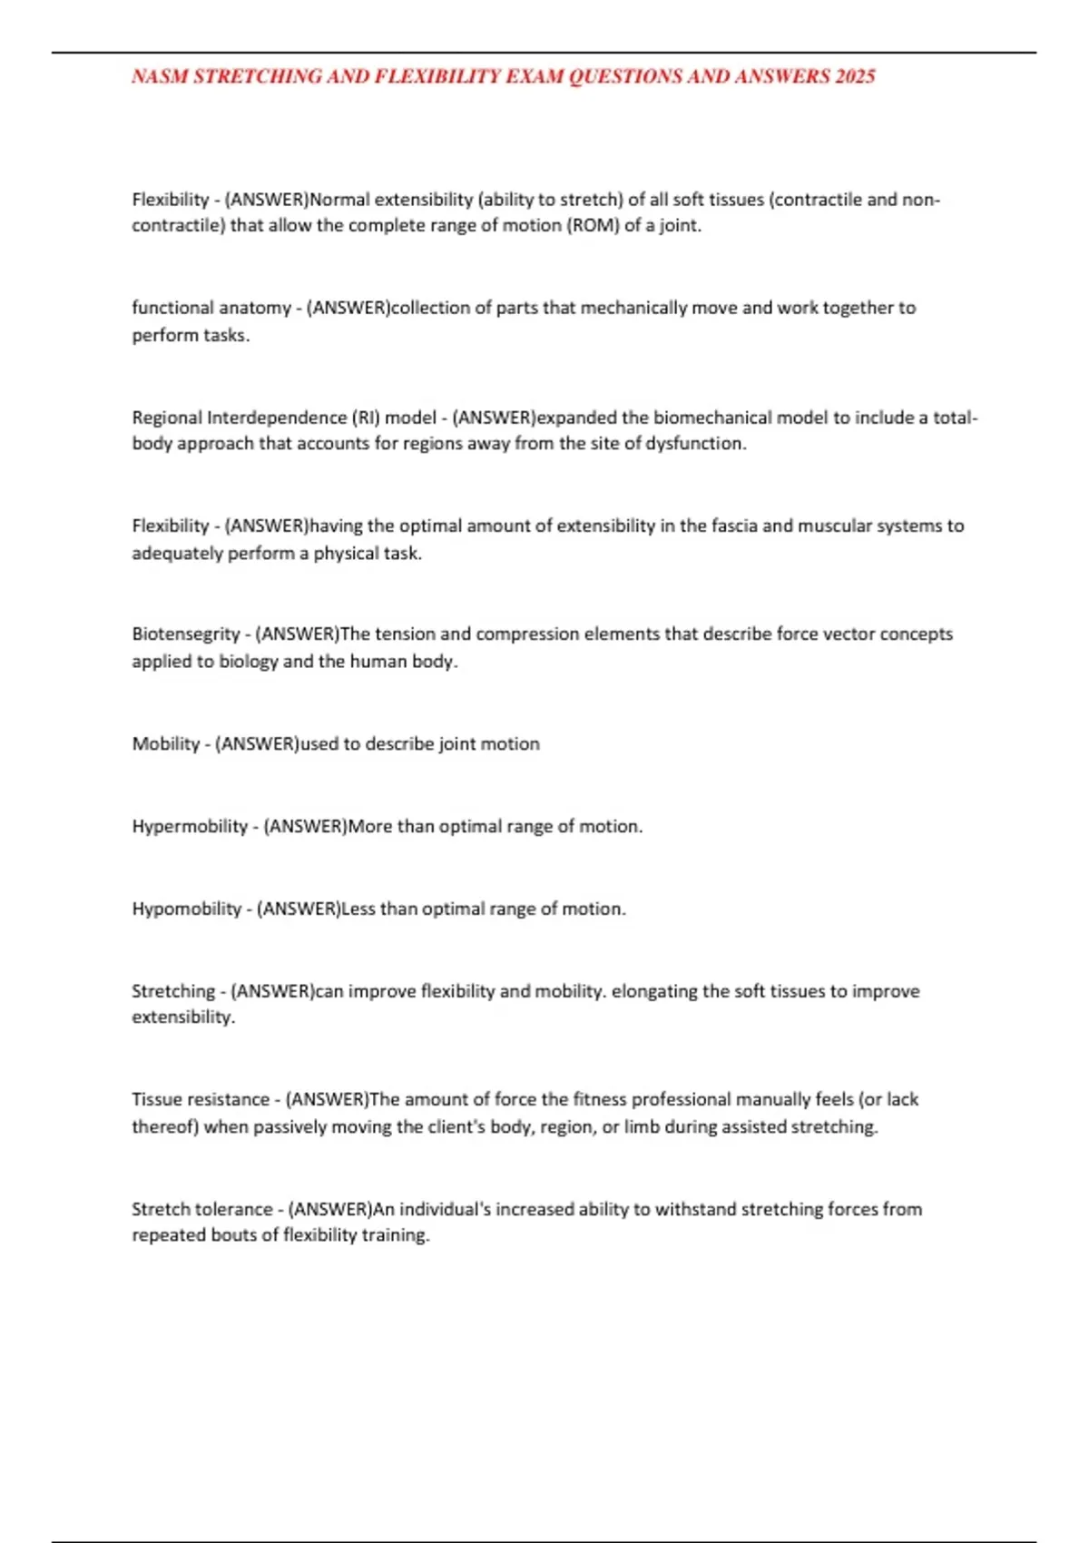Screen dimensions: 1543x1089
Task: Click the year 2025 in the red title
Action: (855, 77)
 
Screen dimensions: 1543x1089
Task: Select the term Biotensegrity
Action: (185, 634)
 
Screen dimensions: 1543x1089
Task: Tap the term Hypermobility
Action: (189, 827)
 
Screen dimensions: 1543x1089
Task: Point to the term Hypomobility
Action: (186, 909)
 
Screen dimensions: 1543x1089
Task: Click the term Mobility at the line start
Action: (165, 744)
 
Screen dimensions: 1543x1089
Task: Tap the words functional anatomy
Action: (211, 309)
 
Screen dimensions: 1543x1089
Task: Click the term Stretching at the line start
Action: (173, 992)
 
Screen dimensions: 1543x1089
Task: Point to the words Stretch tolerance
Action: (201, 1210)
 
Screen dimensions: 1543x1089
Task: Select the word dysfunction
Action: (694, 444)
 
